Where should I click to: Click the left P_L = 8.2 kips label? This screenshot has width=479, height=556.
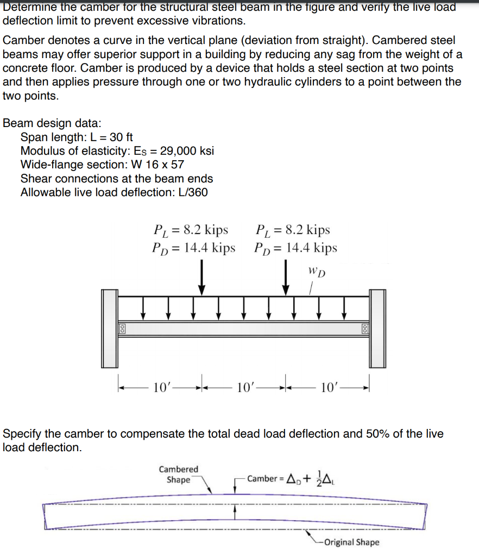click(191, 230)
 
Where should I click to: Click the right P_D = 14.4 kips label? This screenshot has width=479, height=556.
click(295, 248)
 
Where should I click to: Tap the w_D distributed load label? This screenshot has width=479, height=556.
click(317, 271)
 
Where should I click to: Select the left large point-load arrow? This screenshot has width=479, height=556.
click(201, 277)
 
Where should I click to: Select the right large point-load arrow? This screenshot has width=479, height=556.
click(286, 277)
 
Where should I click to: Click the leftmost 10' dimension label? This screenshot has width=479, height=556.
click(162, 387)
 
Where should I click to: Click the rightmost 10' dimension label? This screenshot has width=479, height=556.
click(330, 387)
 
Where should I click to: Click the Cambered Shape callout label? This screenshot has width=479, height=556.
click(179, 474)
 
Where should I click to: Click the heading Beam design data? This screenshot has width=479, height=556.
click(52, 123)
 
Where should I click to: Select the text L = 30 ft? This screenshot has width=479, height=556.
click(109, 137)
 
